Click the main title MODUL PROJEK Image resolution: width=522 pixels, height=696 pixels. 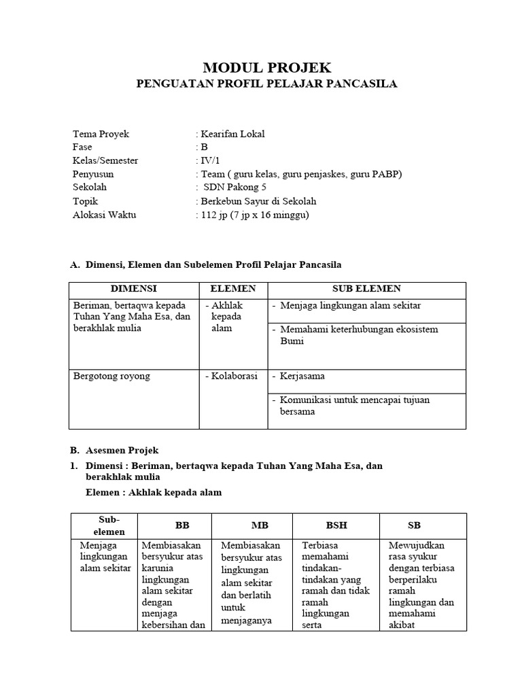(x=267, y=67)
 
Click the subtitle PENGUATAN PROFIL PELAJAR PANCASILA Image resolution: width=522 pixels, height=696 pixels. (x=267, y=84)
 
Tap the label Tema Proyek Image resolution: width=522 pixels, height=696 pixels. (x=101, y=134)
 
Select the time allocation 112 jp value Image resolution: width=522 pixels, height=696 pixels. (x=252, y=215)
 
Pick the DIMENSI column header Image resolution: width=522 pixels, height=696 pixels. (x=134, y=289)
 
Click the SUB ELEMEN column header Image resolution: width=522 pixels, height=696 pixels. (x=366, y=289)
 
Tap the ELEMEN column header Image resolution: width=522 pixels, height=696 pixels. (x=232, y=289)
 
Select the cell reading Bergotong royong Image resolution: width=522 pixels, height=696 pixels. (x=111, y=376)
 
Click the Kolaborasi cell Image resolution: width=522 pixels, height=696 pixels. (x=231, y=376)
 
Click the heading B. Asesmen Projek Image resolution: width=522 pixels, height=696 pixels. (x=120, y=450)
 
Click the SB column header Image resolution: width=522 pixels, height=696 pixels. (x=414, y=526)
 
